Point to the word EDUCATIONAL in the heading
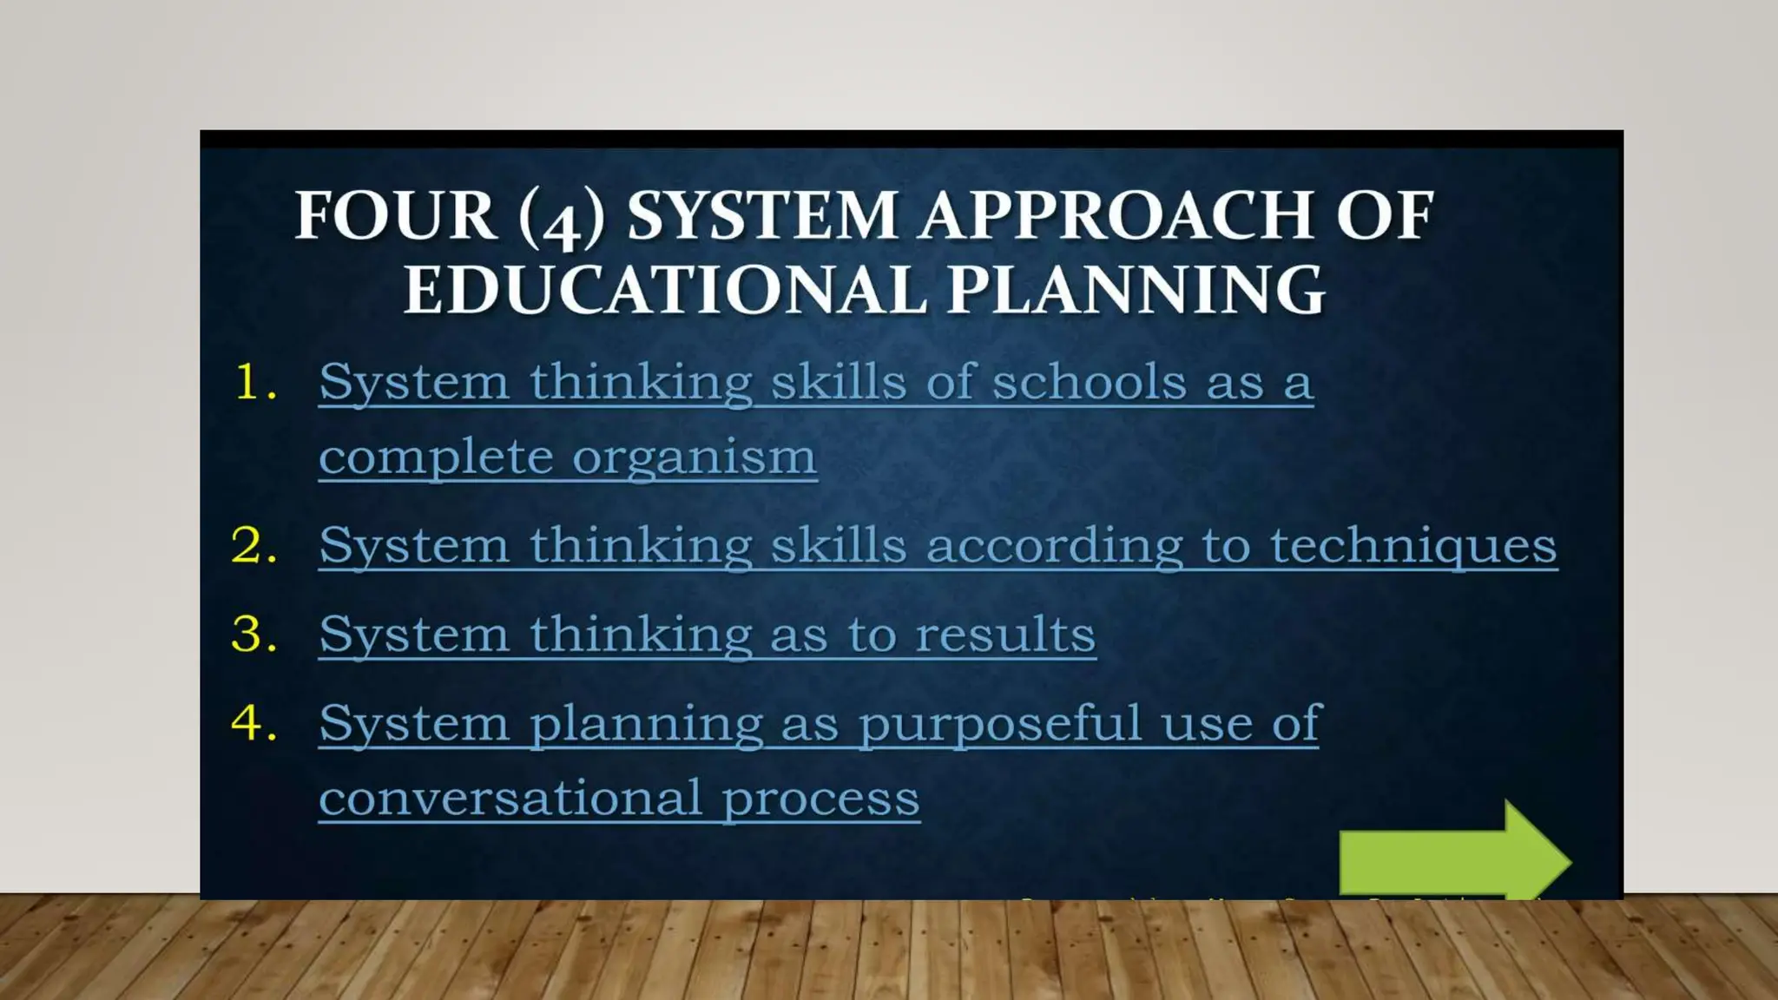coord(664,290)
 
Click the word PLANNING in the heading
coord(1135,290)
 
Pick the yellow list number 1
coord(255,383)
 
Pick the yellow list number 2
coord(254,546)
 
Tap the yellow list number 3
coord(254,635)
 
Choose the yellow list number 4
coord(254,723)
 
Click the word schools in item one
coord(1089,383)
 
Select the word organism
coord(694,457)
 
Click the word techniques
coord(1413,546)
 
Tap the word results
coord(1004,635)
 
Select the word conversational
coord(510,798)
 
